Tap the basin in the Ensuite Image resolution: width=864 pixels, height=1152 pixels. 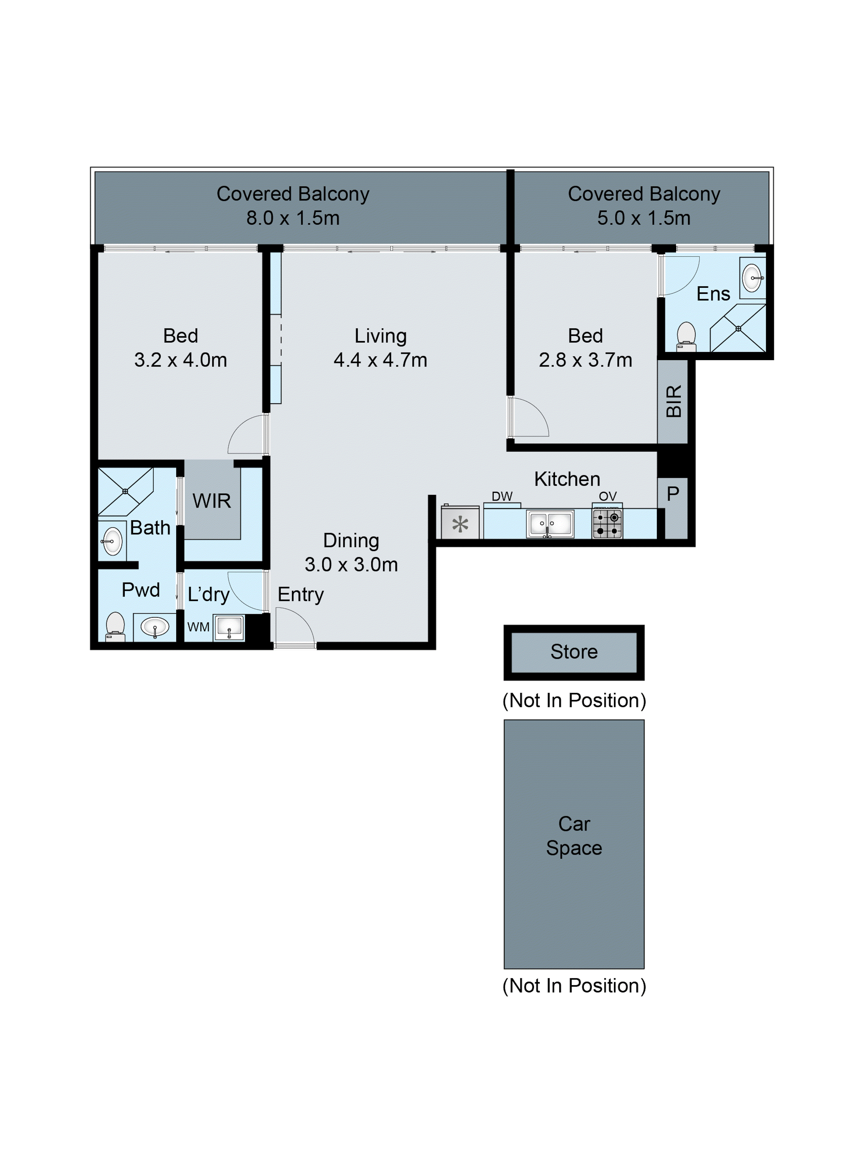pos(753,278)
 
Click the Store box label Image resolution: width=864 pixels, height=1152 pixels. pos(574,652)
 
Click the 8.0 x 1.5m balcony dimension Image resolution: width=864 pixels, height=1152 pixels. pos(293,218)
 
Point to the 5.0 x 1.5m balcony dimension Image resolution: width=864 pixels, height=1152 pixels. pos(644,218)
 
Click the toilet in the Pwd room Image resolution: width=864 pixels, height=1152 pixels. pos(115,626)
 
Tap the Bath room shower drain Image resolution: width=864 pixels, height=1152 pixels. pos(125,491)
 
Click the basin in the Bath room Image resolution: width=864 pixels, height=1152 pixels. pos(112,541)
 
